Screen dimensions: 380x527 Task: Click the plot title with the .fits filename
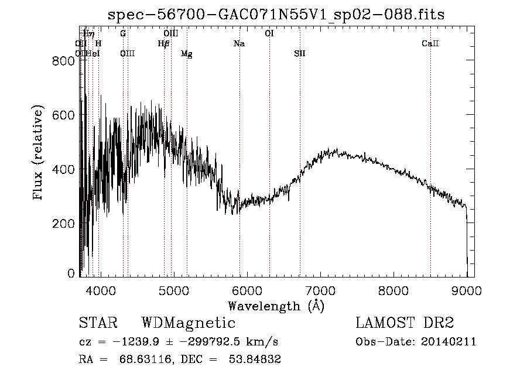click(x=276, y=15)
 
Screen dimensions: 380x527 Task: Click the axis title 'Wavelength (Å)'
click(x=276, y=306)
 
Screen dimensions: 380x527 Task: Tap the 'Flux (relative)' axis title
click(x=39, y=153)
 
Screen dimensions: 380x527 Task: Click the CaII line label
click(x=430, y=44)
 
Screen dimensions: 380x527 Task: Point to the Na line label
click(x=239, y=44)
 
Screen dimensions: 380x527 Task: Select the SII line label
click(x=300, y=54)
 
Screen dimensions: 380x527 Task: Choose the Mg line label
click(x=187, y=54)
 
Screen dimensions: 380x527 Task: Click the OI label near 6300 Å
click(x=269, y=33)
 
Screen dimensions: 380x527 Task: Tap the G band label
click(x=123, y=33)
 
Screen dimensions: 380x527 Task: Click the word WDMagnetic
click(x=189, y=323)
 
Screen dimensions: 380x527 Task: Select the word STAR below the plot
click(x=98, y=323)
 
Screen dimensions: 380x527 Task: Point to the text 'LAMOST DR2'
click(x=405, y=323)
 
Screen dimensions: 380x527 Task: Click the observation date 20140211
click(x=447, y=342)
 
